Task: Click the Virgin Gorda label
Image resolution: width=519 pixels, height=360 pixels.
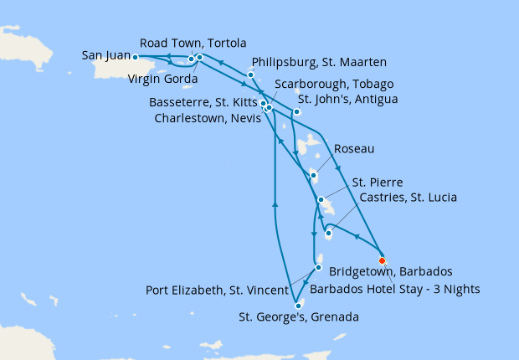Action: click(163, 80)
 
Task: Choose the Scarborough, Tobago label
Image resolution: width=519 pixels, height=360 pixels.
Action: click(328, 85)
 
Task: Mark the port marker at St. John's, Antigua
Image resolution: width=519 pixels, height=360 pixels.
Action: click(296, 111)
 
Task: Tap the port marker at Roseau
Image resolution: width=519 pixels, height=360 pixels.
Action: click(313, 176)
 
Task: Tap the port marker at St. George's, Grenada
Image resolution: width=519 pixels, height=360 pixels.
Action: click(298, 306)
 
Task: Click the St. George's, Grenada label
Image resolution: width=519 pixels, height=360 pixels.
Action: click(299, 317)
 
